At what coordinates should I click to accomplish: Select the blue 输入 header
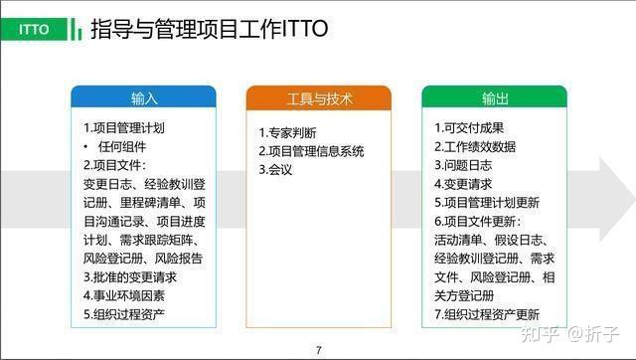point(143,99)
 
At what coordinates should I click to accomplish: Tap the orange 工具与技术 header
point(319,99)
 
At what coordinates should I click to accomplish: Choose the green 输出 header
point(495,99)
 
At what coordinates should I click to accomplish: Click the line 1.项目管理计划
point(123,128)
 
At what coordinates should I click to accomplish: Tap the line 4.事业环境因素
point(123,296)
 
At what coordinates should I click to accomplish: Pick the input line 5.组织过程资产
point(123,315)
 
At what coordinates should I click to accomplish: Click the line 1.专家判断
point(288,133)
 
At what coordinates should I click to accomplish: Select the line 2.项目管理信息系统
point(311,152)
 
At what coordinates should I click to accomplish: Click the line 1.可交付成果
point(469,128)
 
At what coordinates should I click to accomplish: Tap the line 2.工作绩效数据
point(474,146)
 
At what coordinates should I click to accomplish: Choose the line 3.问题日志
point(463,165)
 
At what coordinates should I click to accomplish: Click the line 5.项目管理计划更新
point(487,203)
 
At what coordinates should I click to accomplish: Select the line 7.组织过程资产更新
point(487,315)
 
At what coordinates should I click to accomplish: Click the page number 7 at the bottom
point(318,349)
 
